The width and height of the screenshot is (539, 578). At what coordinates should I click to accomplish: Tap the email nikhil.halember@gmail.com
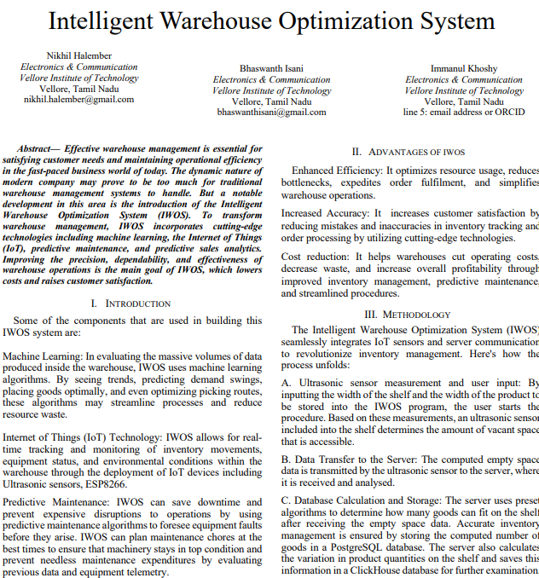[x=78, y=100]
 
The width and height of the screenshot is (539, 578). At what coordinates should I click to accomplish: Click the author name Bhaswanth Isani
[x=271, y=68]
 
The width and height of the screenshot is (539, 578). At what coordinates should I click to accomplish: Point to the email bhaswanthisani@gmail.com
[x=271, y=113]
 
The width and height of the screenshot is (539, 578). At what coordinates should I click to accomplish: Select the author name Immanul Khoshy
[x=464, y=68]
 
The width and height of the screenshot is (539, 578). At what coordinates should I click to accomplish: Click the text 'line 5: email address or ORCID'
[x=464, y=113]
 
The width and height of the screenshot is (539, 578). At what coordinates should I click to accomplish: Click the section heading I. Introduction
[x=130, y=303]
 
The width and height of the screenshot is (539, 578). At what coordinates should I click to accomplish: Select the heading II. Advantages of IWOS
[x=409, y=152]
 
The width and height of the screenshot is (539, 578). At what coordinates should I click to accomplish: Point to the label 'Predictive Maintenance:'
[x=56, y=503]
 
